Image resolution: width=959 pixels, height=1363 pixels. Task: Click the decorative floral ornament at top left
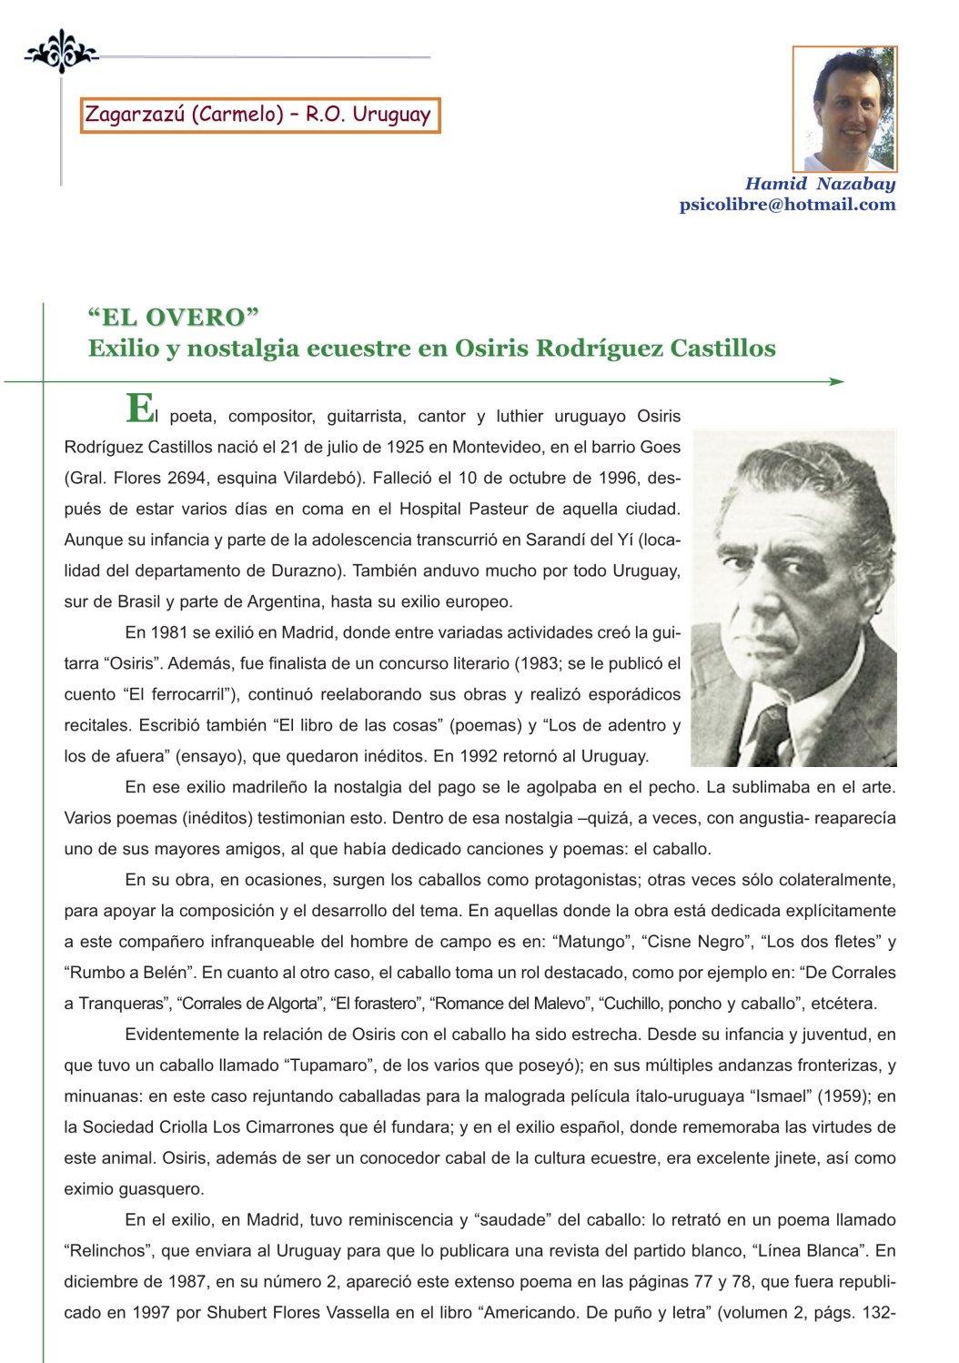click(x=60, y=52)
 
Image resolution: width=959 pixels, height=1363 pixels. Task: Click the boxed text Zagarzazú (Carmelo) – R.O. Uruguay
click(x=259, y=116)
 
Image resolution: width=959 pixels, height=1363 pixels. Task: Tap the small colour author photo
click(x=844, y=109)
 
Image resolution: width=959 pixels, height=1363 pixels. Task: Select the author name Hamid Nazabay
click(x=820, y=184)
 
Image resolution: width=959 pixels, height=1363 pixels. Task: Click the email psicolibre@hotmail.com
click(x=787, y=205)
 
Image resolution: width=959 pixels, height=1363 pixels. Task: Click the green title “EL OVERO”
click(x=174, y=318)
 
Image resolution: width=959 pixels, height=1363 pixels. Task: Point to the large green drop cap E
click(x=139, y=409)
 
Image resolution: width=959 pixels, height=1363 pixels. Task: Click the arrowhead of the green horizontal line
click(x=836, y=382)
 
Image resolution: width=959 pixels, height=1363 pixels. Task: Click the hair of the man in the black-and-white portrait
click(x=801, y=482)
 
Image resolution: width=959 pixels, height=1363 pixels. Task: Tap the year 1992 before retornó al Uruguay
click(x=479, y=756)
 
